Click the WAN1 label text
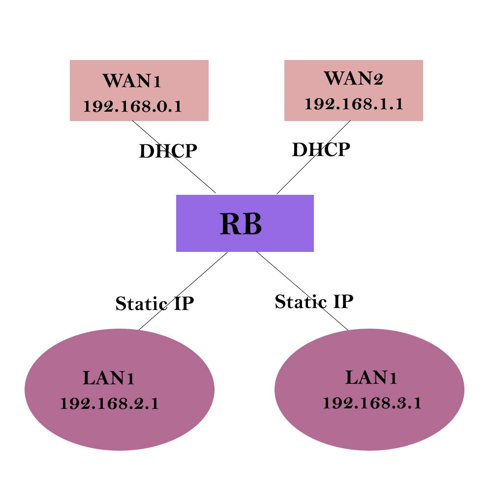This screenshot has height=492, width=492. tap(131, 81)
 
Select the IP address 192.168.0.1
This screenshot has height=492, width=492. tap(132, 106)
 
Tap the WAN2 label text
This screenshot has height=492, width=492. tap(353, 79)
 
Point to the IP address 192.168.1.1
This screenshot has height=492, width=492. tap(354, 104)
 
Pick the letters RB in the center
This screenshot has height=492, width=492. tap(241, 224)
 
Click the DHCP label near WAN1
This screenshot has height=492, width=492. tap(168, 152)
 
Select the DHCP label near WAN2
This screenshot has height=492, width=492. tap(321, 150)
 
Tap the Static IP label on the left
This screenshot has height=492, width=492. tap(154, 304)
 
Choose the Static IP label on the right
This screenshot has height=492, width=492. tap(314, 302)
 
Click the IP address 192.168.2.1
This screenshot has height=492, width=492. tap(109, 404)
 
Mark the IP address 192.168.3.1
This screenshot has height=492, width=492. tap(372, 403)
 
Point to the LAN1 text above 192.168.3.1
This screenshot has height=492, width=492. tap(371, 378)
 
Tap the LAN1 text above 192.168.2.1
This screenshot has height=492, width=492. tap(109, 378)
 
